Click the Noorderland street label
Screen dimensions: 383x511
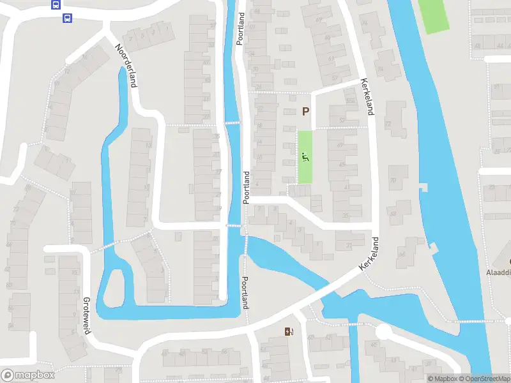click(x=126, y=65)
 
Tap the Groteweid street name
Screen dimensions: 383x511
click(x=86, y=315)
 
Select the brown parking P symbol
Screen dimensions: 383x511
click(x=305, y=112)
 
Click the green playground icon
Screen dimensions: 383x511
click(x=305, y=157)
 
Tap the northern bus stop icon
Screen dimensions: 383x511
click(x=56, y=5)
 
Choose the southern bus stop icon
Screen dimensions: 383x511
click(x=67, y=18)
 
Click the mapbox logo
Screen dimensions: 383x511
click(x=28, y=375)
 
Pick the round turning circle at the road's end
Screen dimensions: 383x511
click(x=383, y=332)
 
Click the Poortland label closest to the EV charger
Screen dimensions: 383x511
click(x=245, y=292)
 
